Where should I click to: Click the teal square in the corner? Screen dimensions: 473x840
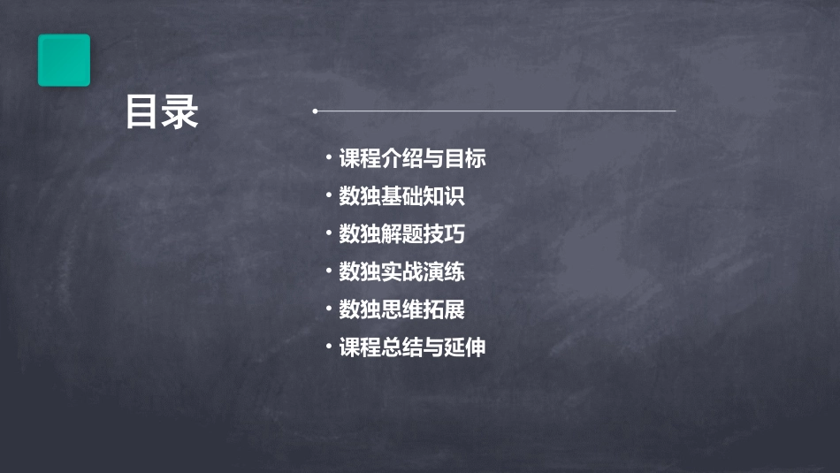point(64,60)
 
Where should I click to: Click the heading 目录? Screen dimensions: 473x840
point(162,112)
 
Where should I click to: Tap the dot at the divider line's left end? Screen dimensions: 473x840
point(315,111)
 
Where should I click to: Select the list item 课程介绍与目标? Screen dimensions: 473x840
point(412,159)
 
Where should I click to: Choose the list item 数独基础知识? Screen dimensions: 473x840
point(401,197)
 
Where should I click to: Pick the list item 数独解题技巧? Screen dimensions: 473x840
point(401,234)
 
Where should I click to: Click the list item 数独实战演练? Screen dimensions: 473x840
point(401,272)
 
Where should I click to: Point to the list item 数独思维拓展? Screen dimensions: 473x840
point(401,309)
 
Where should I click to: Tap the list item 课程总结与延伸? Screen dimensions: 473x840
point(412,347)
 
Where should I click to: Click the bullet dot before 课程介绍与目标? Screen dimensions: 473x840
point(329,158)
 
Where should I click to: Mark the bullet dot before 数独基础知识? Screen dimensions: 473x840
point(329,196)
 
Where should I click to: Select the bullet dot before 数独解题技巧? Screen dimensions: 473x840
point(329,233)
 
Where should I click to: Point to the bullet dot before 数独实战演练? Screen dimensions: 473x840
point(329,271)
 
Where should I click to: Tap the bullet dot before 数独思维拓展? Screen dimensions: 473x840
point(329,309)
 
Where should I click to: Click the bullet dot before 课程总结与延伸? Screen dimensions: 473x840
point(329,347)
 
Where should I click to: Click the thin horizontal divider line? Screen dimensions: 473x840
point(495,111)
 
